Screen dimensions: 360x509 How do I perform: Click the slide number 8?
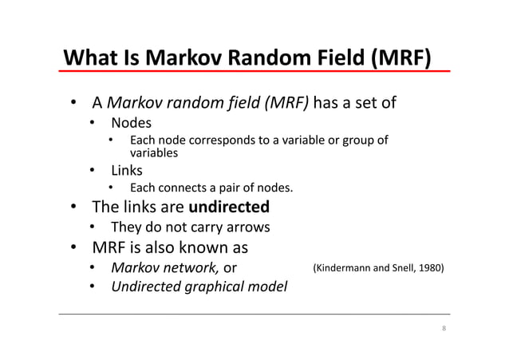(444, 330)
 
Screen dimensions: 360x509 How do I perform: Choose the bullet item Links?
(128, 170)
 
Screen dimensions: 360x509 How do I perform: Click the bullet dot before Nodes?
(93, 123)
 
